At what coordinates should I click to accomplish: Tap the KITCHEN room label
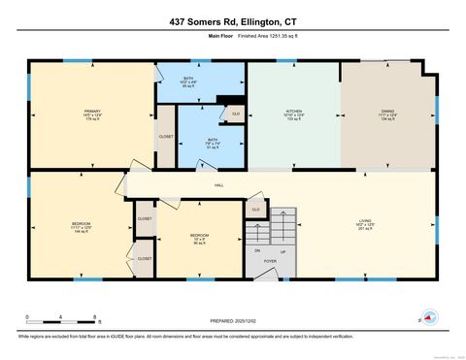point(293,112)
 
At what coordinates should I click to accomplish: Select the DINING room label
point(387,112)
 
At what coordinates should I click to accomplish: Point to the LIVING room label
point(366,222)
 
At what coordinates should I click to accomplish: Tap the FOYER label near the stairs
point(270,261)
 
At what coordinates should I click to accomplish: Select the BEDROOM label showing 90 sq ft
point(198,237)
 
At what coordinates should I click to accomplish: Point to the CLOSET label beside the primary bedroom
point(166,137)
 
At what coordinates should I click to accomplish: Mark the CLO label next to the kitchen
point(235,115)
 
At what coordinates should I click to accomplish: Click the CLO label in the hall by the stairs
point(256,209)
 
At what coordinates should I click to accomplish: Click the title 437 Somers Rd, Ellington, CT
point(233,21)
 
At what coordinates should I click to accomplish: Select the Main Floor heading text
point(222,37)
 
